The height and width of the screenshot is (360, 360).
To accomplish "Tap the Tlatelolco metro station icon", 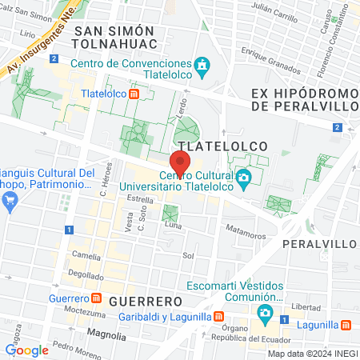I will [x=134, y=93].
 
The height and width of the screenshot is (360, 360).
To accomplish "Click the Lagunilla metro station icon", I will [x=346, y=324].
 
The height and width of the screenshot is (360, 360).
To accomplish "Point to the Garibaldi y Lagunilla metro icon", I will [x=218, y=316].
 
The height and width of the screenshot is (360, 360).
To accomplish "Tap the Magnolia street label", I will [x=107, y=335].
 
